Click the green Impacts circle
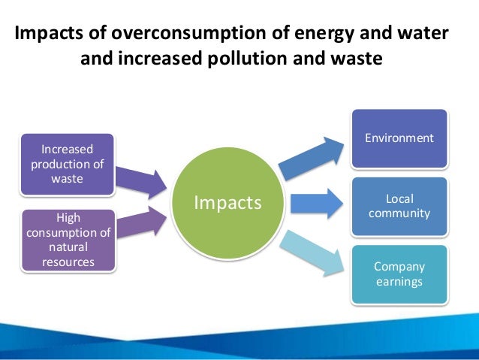(227, 202)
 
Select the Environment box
(399, 138)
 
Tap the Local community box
(399, 207)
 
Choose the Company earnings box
(399, 274)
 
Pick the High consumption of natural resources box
(68, 239)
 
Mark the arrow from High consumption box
(140, 221)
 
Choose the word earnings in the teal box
(399, 282)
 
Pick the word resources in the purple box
(68, 262)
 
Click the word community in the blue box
(399, 213)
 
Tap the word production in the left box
(67, 165)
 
